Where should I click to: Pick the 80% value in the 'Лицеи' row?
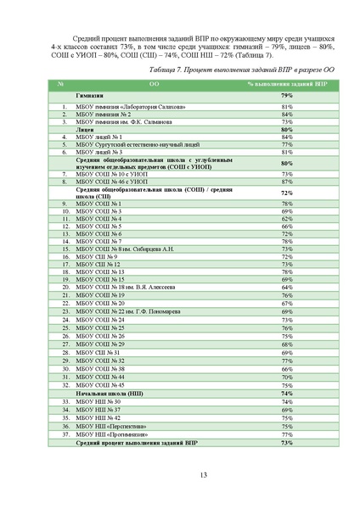(x=287, y=129)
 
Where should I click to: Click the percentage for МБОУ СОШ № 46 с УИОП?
(x=287, y=182)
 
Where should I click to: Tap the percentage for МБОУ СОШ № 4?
(x=287, y=219)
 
